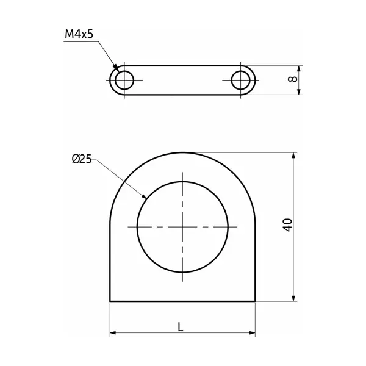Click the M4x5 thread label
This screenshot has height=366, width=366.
tap(79, 34)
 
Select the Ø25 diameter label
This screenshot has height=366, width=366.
tap(82, 159)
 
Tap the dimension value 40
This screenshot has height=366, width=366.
tap(288, 224)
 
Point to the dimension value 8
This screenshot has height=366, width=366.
tap(293, 79)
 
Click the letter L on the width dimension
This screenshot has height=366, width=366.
tap(180, 327)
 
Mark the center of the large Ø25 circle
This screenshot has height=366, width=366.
tap(182, 227)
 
